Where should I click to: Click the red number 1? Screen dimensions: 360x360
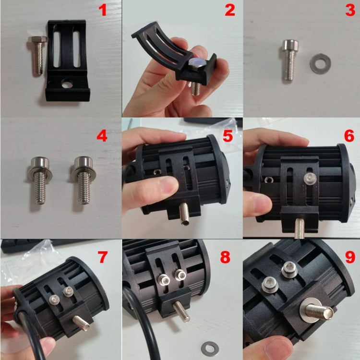[103, 11]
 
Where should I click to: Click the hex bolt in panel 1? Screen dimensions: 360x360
[37, 56]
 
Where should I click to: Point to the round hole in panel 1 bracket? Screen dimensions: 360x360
[67, 84]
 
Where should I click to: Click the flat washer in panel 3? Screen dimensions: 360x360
[320, 63]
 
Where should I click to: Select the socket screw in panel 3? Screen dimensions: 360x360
[290, 60]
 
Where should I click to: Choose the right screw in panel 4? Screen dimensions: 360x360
[83, 180]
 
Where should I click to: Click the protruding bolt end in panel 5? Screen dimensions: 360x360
[184, 214]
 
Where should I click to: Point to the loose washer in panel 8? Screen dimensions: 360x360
[210, 349]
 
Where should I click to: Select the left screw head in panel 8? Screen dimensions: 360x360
[164, 280]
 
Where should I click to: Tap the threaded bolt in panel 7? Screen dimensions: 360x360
[81, 323]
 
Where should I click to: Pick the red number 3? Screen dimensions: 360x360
[350, 11]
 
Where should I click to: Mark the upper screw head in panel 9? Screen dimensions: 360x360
[289, 270]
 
